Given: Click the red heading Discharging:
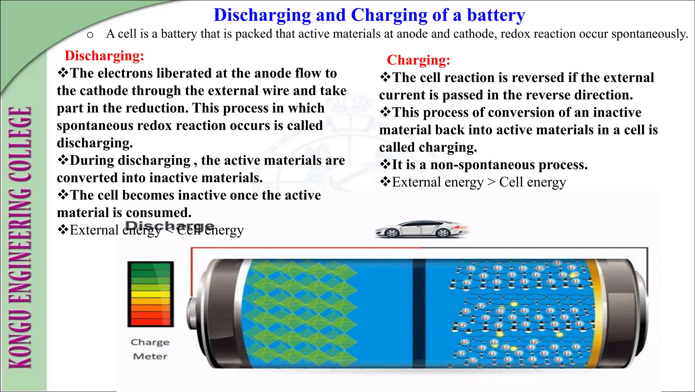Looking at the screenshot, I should (x=104, y=56).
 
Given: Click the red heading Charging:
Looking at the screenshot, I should (x=418, y=60).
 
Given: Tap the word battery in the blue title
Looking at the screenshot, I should (x=496, y=15).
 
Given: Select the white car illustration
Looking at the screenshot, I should (x=421, y=229).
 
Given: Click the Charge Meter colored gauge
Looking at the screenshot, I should (x=150, y=294).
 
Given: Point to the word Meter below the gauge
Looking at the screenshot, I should (x=150, y=356).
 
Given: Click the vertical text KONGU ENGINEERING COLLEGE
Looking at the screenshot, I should (x=20, y=238).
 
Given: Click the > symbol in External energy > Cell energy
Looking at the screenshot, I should (x=491, y=182).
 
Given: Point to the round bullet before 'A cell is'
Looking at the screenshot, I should (x=90, y=35).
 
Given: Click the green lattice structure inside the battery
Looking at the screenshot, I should (x=300, y=312).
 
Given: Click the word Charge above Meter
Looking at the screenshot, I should (x=150, y=342).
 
